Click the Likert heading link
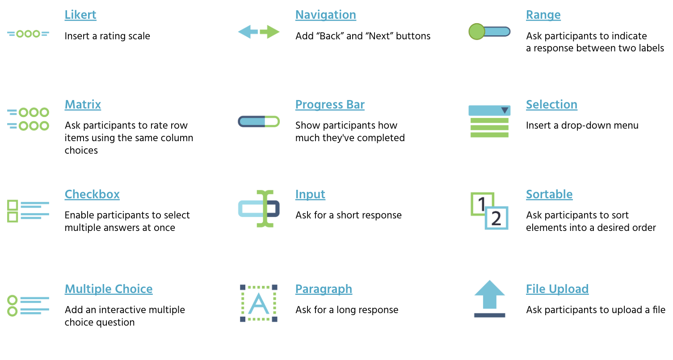coord(80,15)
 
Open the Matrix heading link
coord(83,105)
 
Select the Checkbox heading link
coord(92,194)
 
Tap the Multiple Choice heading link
coord(109,289)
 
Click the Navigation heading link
coord(325,15)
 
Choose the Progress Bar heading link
coord(330,105)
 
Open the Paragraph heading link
coord(324,289)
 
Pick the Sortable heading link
coord(549,194)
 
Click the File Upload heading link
coord(557,289)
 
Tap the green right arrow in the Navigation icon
coord(270,32)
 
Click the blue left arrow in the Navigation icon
coord(248,32)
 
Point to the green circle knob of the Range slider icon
coord(477,32)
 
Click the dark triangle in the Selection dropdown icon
coord(505,110)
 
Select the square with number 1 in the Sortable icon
coord(482,204)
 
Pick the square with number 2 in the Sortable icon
coord(496,218)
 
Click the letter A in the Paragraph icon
coord(258,303)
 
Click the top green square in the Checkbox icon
coord(13,205)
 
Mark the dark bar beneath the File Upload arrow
coord(489,315)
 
